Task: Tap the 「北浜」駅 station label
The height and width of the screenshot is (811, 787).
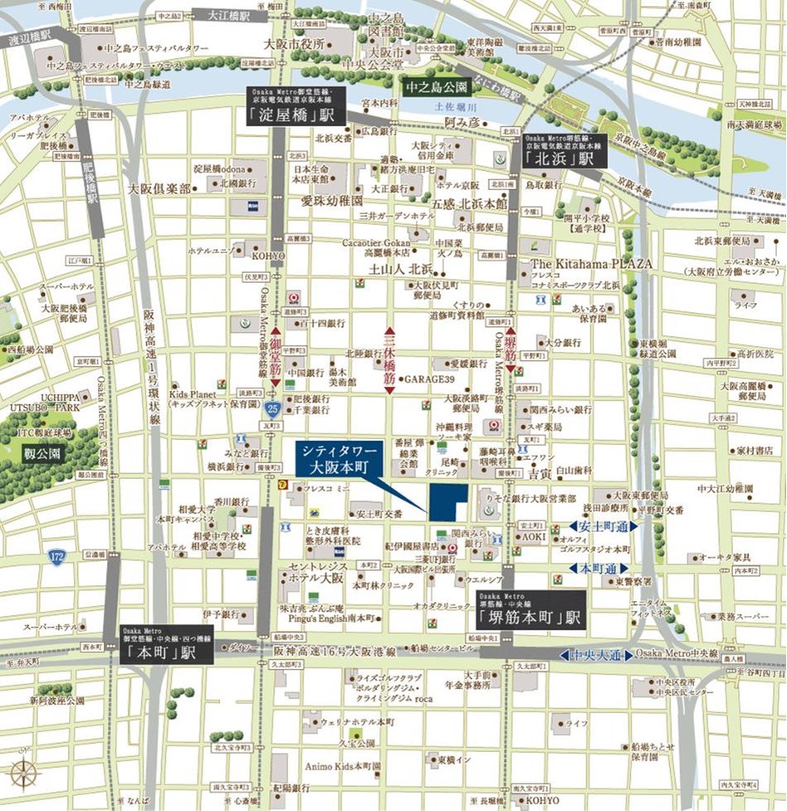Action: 564,155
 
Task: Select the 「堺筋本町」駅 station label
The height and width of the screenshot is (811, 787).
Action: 531,618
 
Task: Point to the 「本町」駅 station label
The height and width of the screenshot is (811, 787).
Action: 166,653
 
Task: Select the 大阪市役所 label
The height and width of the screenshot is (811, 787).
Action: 292,43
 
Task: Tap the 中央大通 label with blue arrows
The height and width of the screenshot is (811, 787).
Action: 597,655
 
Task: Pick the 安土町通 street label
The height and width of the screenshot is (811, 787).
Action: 604,525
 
